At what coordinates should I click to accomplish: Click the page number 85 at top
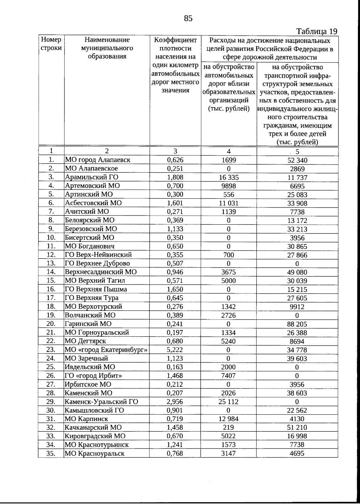188,19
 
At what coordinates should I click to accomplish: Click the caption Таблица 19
317,31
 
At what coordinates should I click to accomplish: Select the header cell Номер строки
51,44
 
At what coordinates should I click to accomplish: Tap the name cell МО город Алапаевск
98,160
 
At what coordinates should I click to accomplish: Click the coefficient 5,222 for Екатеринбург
175,350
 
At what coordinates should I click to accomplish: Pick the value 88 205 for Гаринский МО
297,324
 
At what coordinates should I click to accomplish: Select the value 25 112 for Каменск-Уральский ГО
228,402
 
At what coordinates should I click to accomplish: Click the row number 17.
51,298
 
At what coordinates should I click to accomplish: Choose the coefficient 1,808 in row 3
175,177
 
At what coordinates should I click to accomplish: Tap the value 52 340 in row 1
297,160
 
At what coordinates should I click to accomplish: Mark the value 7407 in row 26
228,376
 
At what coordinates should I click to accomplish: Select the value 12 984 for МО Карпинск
228,419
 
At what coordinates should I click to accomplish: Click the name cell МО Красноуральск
94,454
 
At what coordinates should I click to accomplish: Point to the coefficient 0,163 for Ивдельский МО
175,367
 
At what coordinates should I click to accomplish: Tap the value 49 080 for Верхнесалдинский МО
297,272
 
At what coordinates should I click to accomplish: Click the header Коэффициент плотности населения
175,65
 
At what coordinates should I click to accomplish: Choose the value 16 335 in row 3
228,177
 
